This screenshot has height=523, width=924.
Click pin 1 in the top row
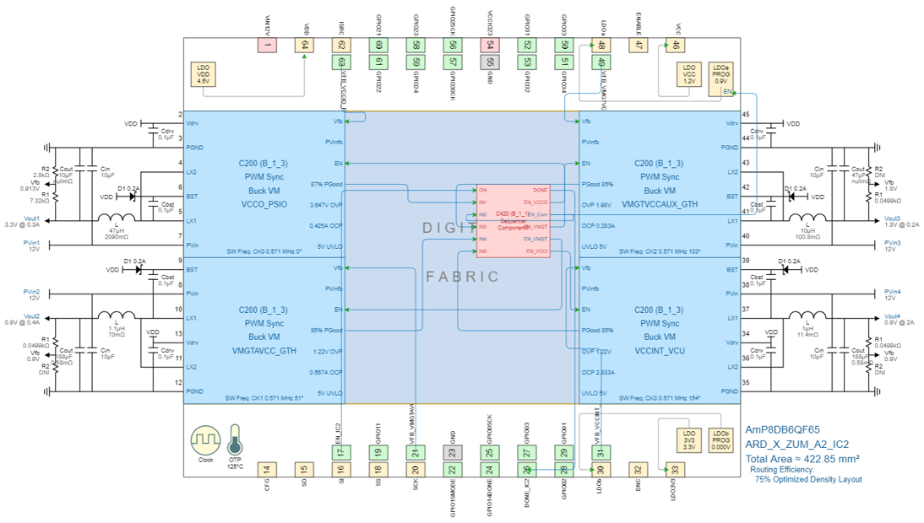[268, 46]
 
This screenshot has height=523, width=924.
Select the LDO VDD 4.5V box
[203, 73]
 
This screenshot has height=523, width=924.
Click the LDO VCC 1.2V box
[689, 73]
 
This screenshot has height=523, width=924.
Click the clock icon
[205, 440]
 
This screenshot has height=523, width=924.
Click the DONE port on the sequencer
[541, 190]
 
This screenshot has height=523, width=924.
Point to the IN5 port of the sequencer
[483, 251]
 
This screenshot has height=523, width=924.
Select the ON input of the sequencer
[483, 190]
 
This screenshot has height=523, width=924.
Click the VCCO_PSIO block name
[264, 204]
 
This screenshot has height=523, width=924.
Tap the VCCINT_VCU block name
[660, 350]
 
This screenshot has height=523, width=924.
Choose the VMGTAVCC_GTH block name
[264, 350]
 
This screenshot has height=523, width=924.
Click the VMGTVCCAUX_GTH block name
[660, 204]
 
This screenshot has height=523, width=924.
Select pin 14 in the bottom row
[267, 470]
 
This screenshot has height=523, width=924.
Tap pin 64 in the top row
[305, 46]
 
